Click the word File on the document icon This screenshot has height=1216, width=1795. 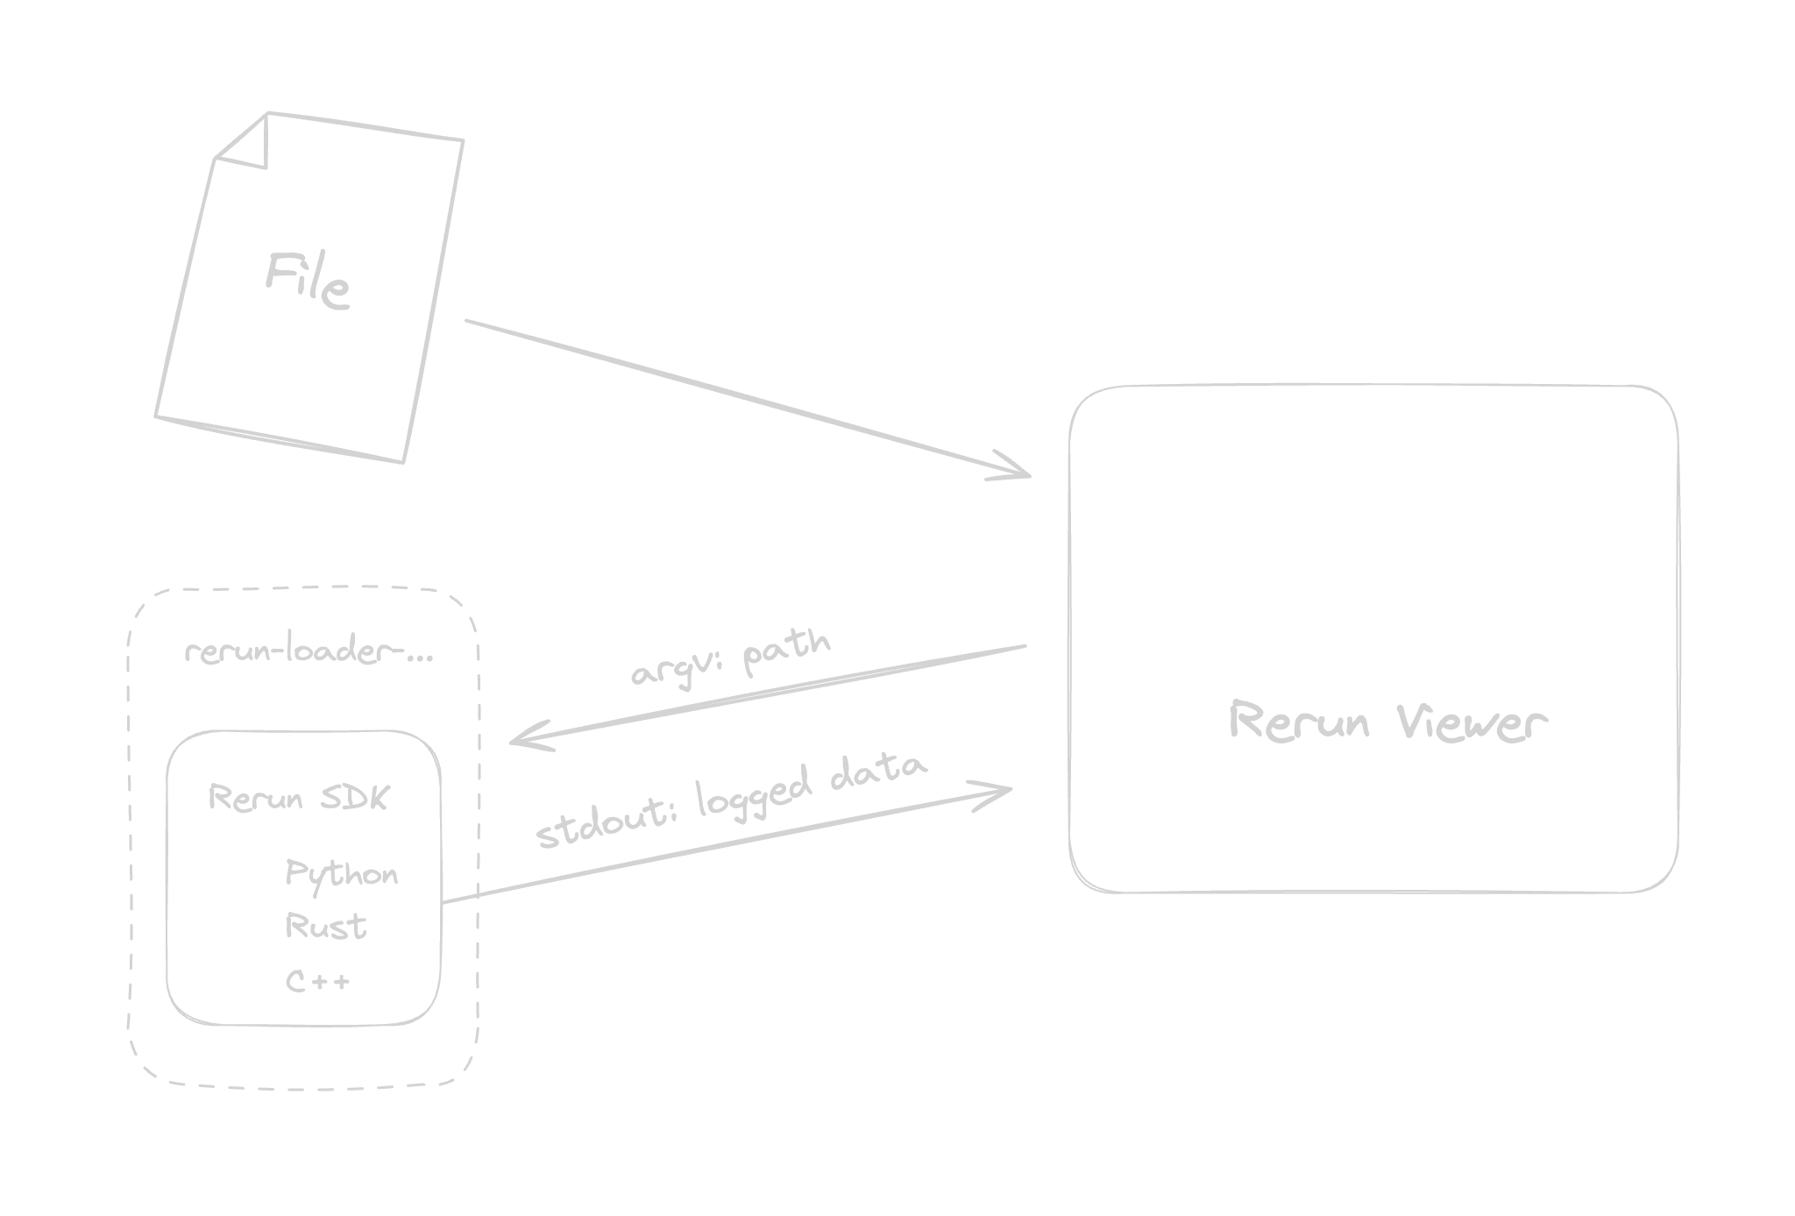[x=309, y=281]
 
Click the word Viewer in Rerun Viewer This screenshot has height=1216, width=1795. [x=1470, y=724]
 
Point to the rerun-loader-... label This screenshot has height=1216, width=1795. [x=309, y=653]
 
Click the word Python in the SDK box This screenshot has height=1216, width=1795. [x=342, y=874]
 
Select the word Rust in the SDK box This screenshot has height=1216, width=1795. [x=326, y=927]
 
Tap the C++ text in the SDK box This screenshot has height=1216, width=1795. [x=318, y=980]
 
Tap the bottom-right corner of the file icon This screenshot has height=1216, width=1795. [x=402, y=460]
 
